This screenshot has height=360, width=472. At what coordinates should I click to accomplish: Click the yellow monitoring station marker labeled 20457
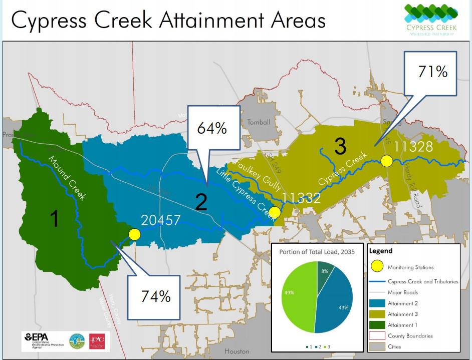(134, 234)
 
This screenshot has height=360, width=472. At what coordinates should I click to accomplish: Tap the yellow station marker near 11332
(275, 212)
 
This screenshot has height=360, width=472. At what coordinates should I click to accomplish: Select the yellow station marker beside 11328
(386, 161)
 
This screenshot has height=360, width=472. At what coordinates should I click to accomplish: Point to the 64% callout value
(212, 128)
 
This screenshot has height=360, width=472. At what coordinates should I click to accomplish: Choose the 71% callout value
(432, 72)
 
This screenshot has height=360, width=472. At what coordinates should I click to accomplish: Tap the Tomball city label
(259, 122)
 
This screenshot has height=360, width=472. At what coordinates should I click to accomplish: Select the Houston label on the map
(237, 351)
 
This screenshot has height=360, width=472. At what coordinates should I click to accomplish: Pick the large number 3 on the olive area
(340, 146)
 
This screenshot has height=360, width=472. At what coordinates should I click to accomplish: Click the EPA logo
(41, 339)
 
